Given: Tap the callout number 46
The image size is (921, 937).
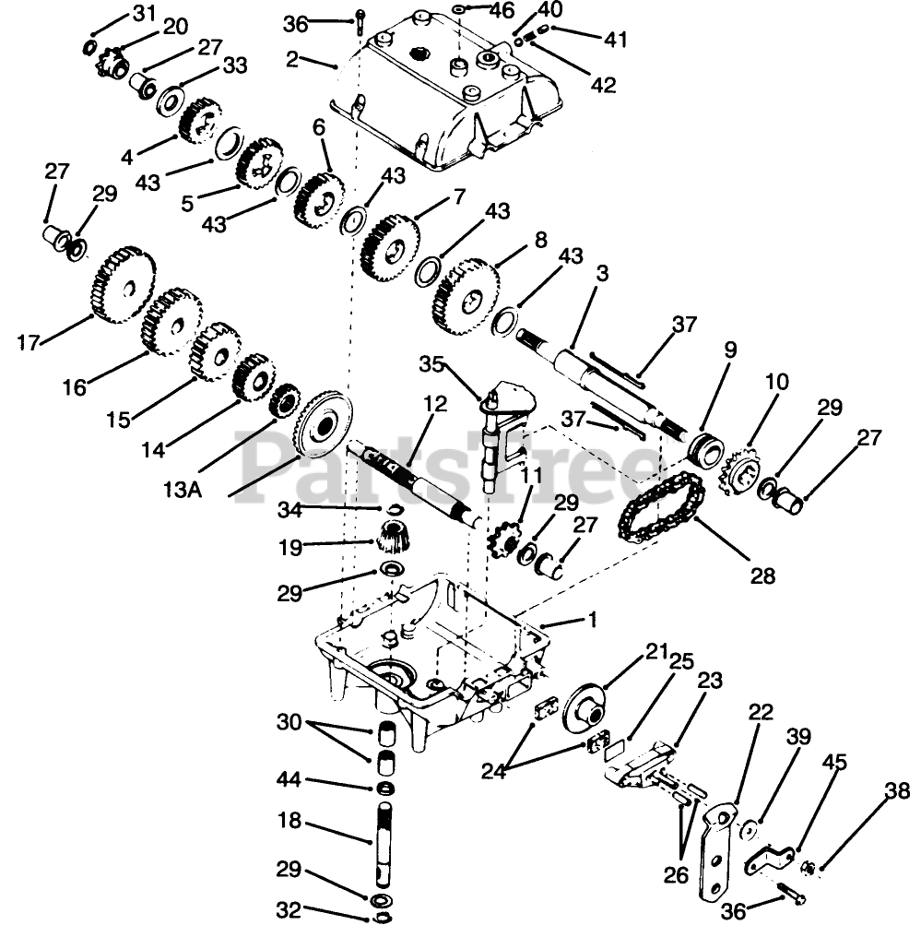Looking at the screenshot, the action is pyautogui.click(x=501, y=12).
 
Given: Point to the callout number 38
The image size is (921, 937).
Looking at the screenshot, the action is pyautogui.click(x=897, y=791).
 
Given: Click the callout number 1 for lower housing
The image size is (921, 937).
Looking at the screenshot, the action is pyautogui.click(x=592, y=621).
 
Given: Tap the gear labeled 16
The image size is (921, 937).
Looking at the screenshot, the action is pyautogui.click(x=171, y=320).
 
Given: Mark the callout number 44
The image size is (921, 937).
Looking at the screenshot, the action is pyautogui.click(x=289, y=781).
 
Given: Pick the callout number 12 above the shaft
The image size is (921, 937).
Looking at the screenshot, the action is pyautogui.click(x=434, y=404).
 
